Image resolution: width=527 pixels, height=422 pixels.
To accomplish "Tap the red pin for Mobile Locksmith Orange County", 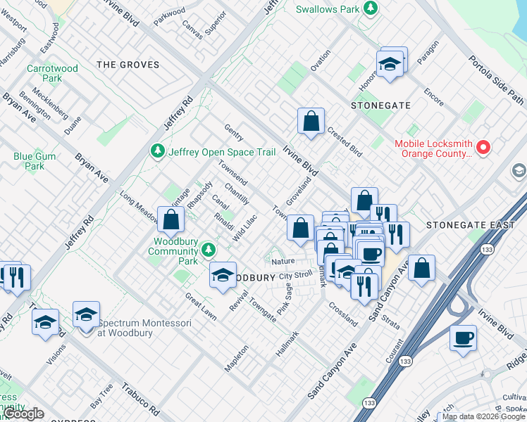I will coord(483,148).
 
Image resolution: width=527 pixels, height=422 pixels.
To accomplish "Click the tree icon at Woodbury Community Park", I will coord(208,250).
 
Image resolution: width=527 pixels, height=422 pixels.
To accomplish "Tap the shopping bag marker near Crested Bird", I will coord(311,122).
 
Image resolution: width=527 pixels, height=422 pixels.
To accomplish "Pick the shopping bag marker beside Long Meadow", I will coord(171,219).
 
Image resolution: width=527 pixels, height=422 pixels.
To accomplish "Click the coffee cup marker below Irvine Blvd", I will coord(463,338).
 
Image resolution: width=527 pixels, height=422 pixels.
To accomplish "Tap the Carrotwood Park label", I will coord(44,74).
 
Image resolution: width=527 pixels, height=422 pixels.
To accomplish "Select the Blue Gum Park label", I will coord(29,161).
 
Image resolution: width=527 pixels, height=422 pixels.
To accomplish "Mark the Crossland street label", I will coord(343,314).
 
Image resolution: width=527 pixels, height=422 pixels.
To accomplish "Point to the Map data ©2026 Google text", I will coord(483,416).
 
